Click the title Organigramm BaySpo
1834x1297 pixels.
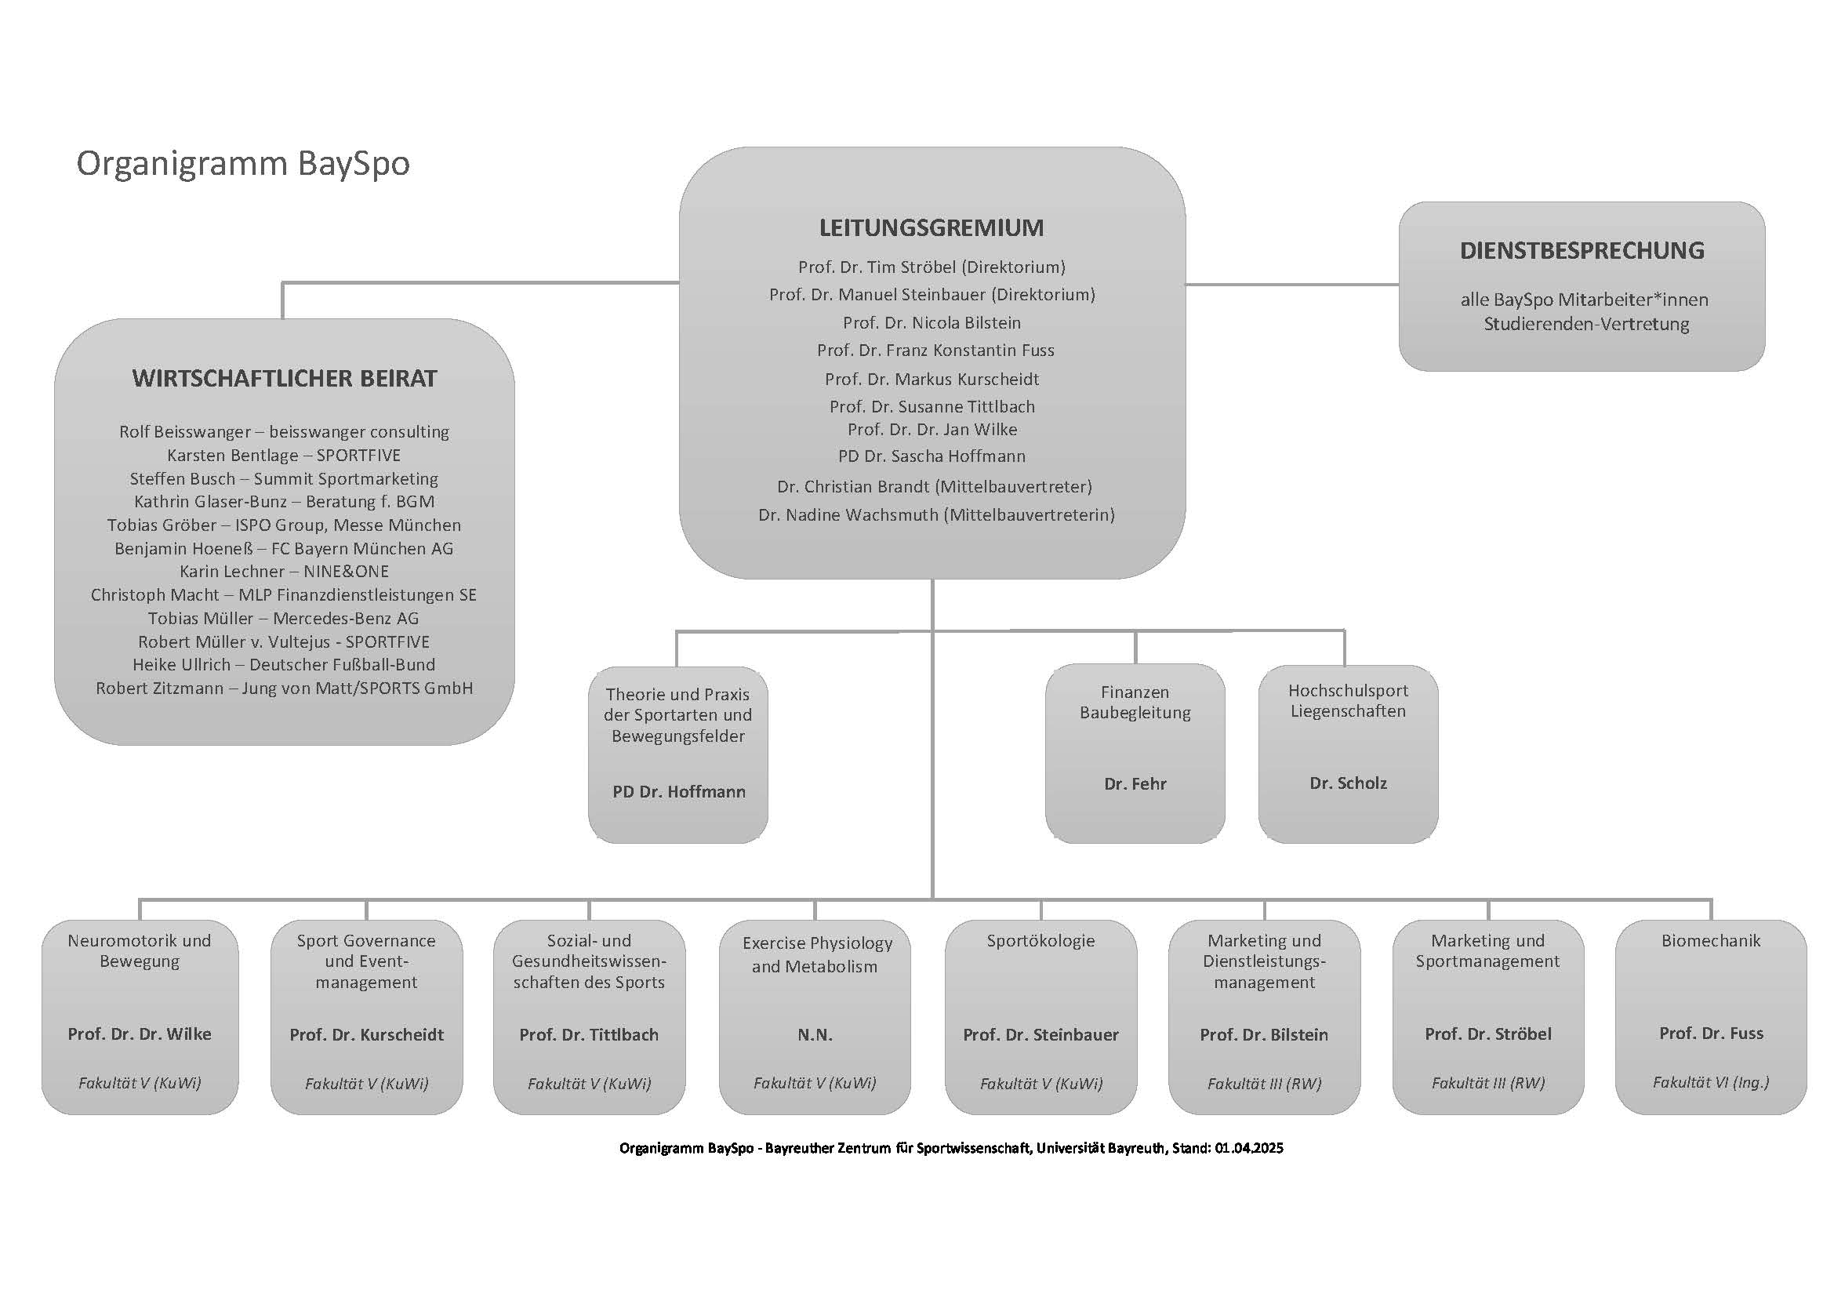coord(243,164)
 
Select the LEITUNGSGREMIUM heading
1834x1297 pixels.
coord(932,227)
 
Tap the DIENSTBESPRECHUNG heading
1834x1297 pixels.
coord(1582,251)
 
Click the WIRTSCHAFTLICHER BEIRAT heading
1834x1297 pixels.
coord(285,379)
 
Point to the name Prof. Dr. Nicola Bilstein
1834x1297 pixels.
coord(932,322)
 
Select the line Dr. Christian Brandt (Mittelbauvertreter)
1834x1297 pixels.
coord(935,486)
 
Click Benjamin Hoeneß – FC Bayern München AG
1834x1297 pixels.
coord(284,549)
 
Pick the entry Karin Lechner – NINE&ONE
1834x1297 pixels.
coord(284,572)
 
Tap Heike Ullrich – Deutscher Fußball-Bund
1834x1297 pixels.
coord(284,664)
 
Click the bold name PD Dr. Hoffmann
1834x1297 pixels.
coord(679,791)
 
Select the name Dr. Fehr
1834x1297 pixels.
coord(1135,784)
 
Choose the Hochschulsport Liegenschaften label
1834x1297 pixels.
coord(1348,700)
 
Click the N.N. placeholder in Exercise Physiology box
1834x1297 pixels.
coord(815,1035)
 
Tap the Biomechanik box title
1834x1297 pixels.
coord(1710,941)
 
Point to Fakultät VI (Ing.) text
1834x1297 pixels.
coord(1710,1082)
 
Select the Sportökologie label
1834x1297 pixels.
coord(1040,941)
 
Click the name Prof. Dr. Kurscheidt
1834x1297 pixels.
coord(367,1035)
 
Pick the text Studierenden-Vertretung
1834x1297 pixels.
coord(1586,325)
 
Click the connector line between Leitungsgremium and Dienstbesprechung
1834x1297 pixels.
coord(1291,285)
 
